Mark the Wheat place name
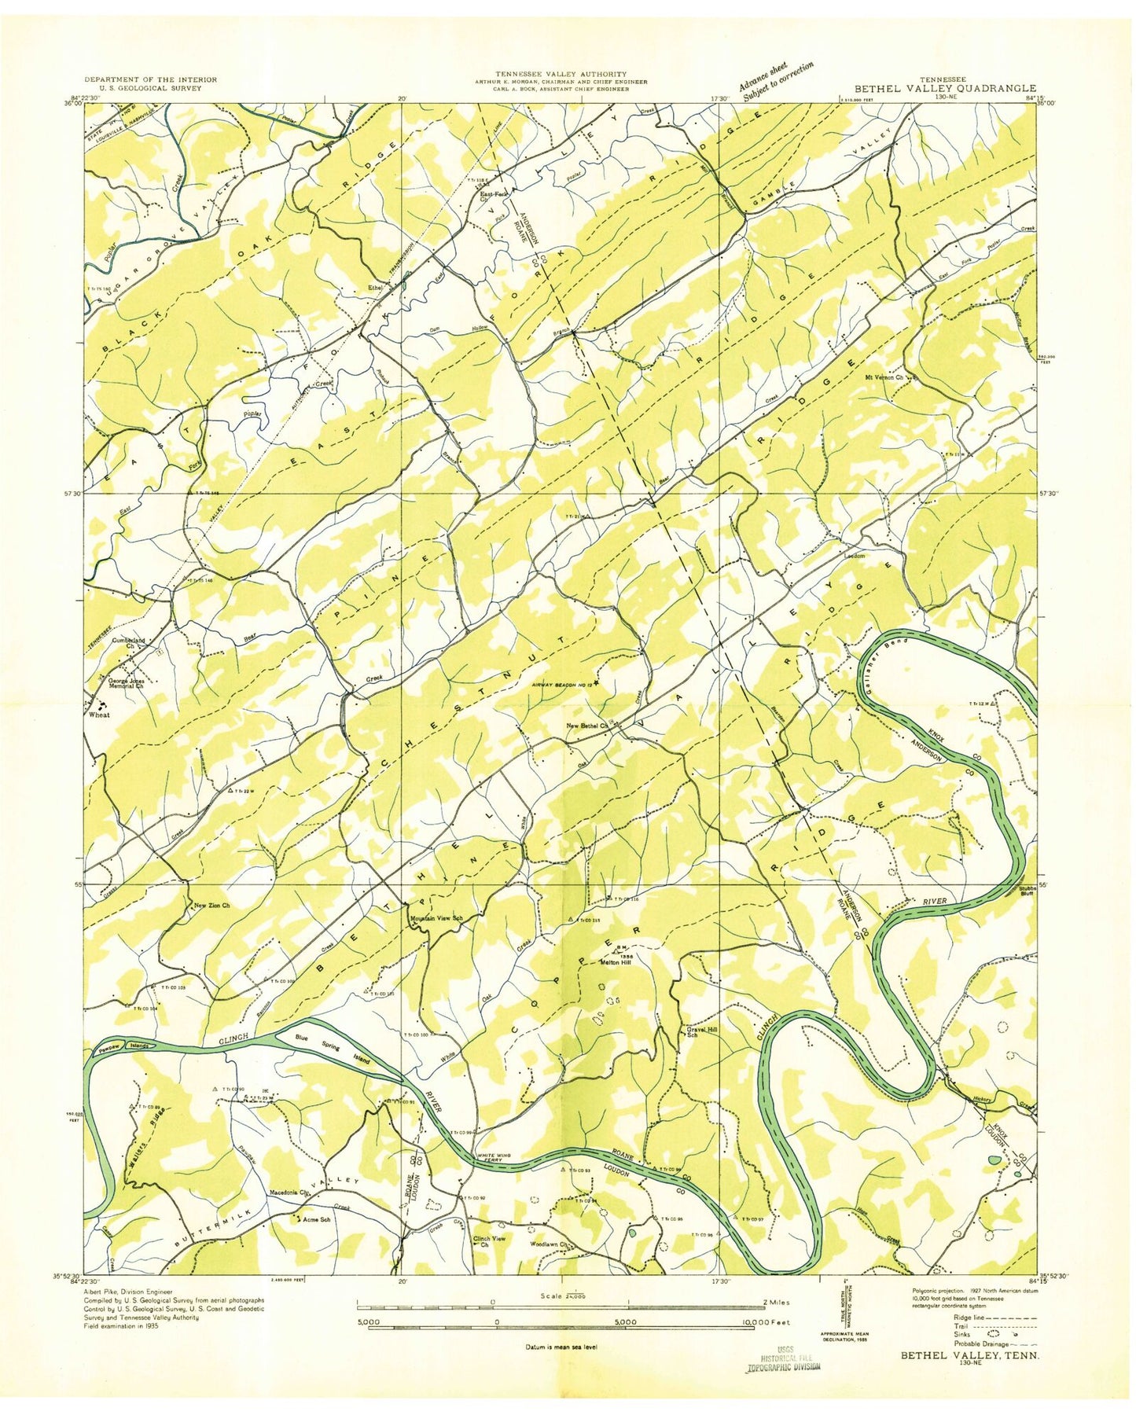point(98,715)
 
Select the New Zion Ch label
point(212,906)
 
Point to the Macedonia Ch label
point(292,1193)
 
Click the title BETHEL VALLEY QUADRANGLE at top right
point(950,88)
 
